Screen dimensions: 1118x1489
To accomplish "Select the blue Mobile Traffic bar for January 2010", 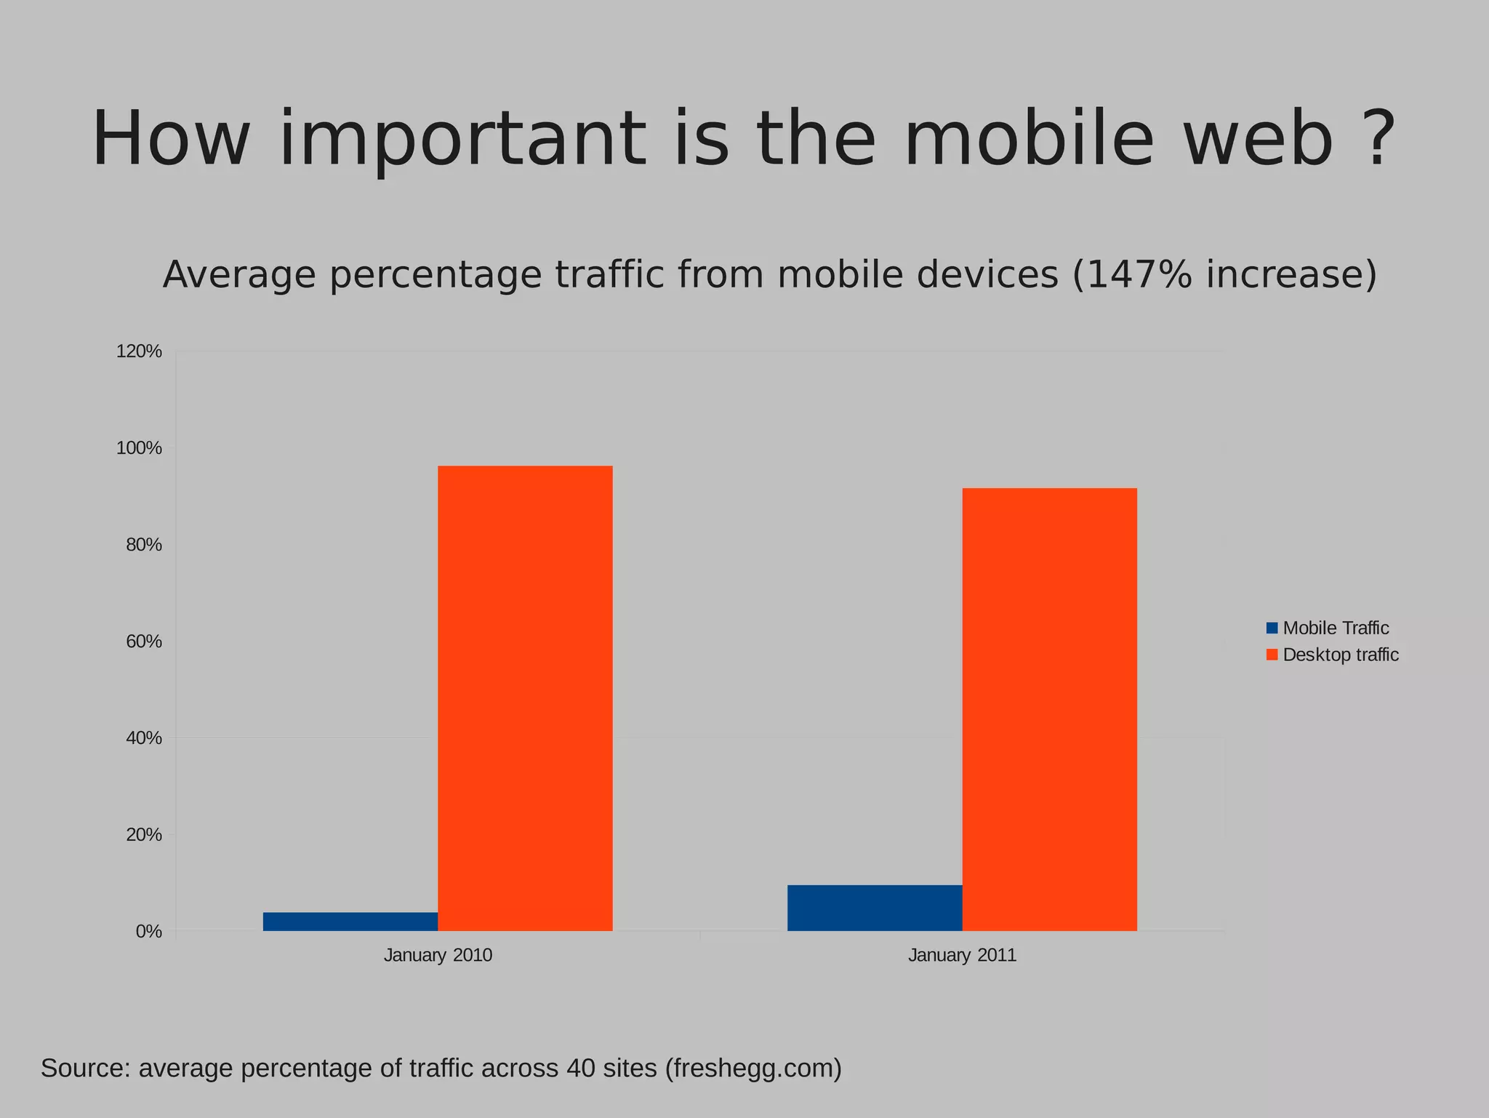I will [350, 922].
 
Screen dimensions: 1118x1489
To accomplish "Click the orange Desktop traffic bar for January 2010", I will [525, 698].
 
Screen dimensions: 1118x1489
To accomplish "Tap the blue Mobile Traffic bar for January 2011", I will [874, 908].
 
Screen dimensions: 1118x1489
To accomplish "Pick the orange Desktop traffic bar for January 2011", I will [1049, 709].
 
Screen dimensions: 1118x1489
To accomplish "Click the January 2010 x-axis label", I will [438, 955].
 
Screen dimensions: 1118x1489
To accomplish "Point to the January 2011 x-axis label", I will [962, 955].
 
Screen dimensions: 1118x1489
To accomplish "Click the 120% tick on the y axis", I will [139, 352].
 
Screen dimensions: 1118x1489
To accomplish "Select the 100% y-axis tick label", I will [139, 448].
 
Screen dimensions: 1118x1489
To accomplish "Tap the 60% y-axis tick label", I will [143, 642].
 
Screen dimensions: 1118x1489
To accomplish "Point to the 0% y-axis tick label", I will [148, 931].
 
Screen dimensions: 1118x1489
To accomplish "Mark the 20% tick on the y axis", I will [143, 834].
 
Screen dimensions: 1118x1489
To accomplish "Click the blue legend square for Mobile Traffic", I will [1272, 628].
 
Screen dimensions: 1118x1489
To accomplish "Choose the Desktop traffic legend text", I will [1340, 655].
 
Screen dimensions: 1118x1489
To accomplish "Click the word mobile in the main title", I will [1029, 140].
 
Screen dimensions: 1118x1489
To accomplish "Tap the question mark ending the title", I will [1376, 140].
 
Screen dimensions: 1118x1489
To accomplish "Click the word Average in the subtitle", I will [239, 275].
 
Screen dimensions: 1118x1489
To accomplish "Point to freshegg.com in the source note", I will [752, 1069].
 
